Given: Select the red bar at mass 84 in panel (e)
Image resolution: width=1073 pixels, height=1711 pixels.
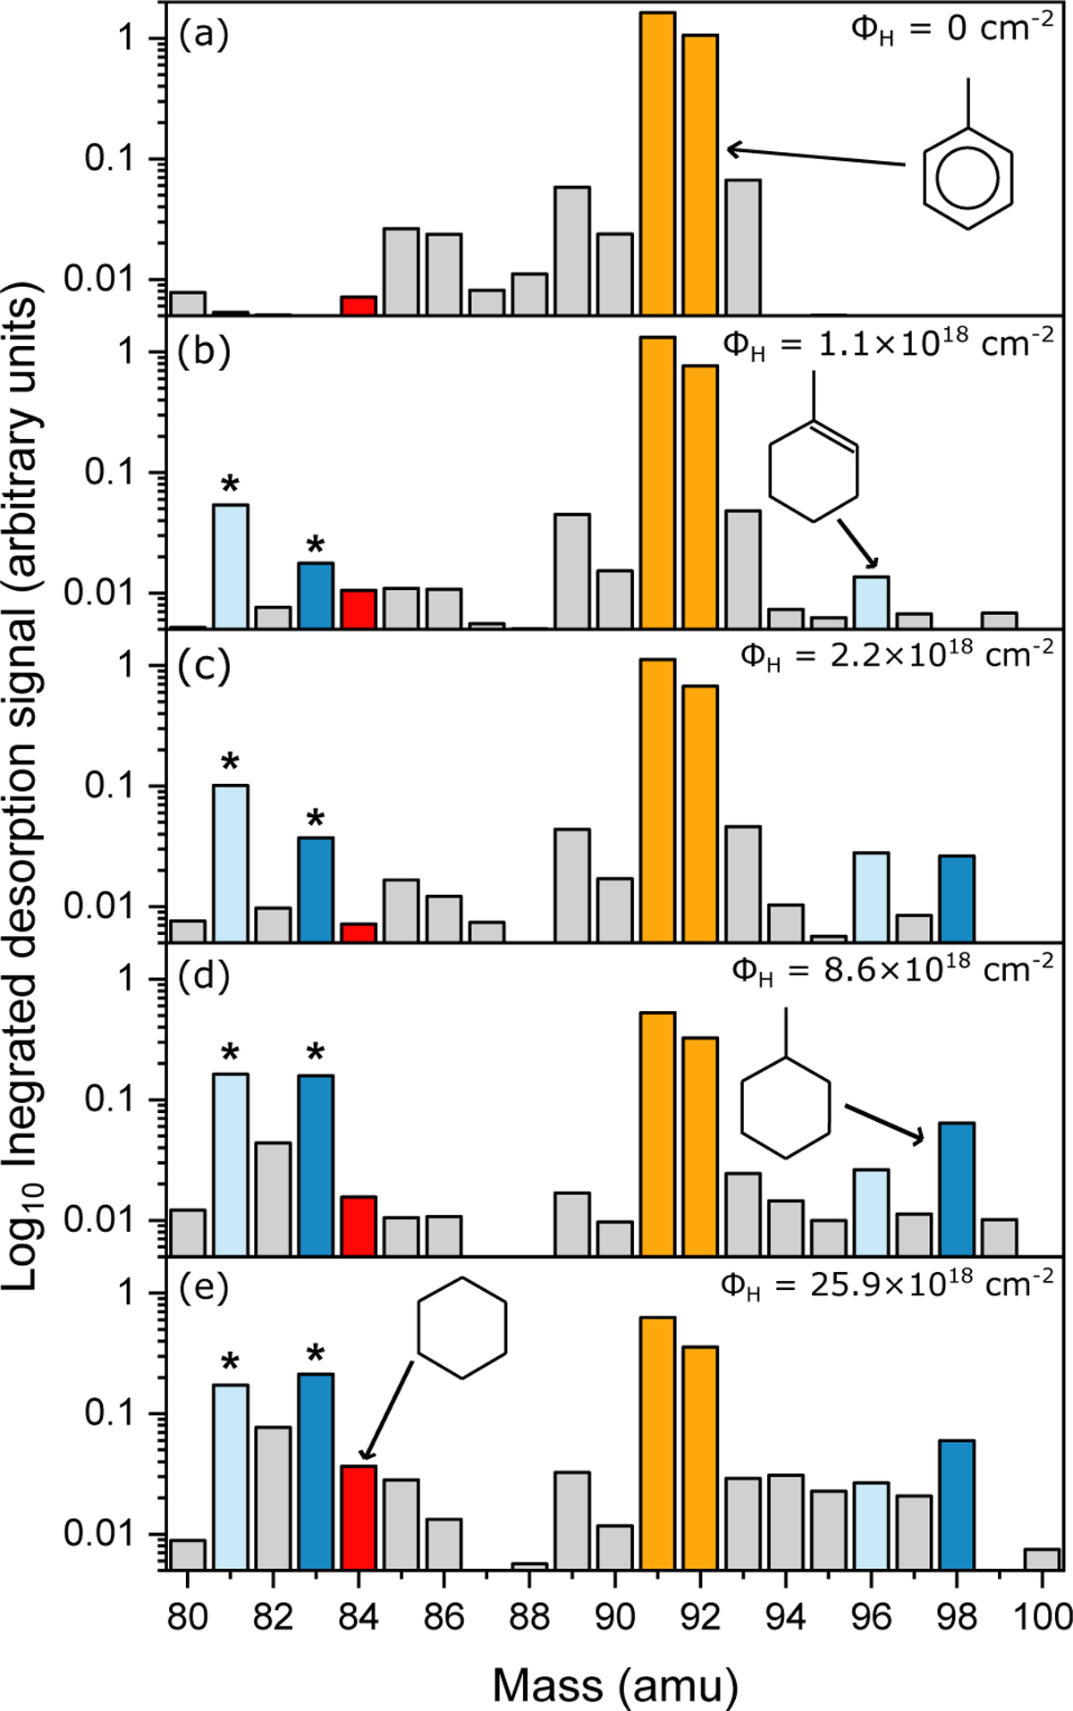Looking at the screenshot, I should pos(359,1517).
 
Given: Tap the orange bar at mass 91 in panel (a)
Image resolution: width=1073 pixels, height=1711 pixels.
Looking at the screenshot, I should pos(657,165).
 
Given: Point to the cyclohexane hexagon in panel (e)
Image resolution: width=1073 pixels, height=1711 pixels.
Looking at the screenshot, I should pos(462,1327).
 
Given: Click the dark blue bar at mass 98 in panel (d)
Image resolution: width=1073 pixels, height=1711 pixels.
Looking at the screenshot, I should pos(957,1189).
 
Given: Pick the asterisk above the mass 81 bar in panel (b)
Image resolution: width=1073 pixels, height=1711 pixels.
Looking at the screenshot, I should pos(230,485).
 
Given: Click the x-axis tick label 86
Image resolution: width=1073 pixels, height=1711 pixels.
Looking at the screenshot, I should pos(444,1616).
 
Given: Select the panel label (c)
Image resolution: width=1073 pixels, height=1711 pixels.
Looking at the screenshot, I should pos(205,666).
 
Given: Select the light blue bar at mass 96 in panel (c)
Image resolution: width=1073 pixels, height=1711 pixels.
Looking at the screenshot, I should pos(871,897).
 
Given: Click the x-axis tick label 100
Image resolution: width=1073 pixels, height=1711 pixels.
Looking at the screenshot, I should pos(1041,1616).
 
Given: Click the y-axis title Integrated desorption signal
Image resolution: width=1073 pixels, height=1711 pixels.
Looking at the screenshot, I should pos(21,787).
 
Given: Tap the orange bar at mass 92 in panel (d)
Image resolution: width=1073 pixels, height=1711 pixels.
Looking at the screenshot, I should pos(700,1146).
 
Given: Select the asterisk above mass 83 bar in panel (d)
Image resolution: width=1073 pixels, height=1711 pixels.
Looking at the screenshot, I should pos(316,1052).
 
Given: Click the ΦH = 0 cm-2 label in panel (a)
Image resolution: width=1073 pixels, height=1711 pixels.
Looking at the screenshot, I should pos(951,29).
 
